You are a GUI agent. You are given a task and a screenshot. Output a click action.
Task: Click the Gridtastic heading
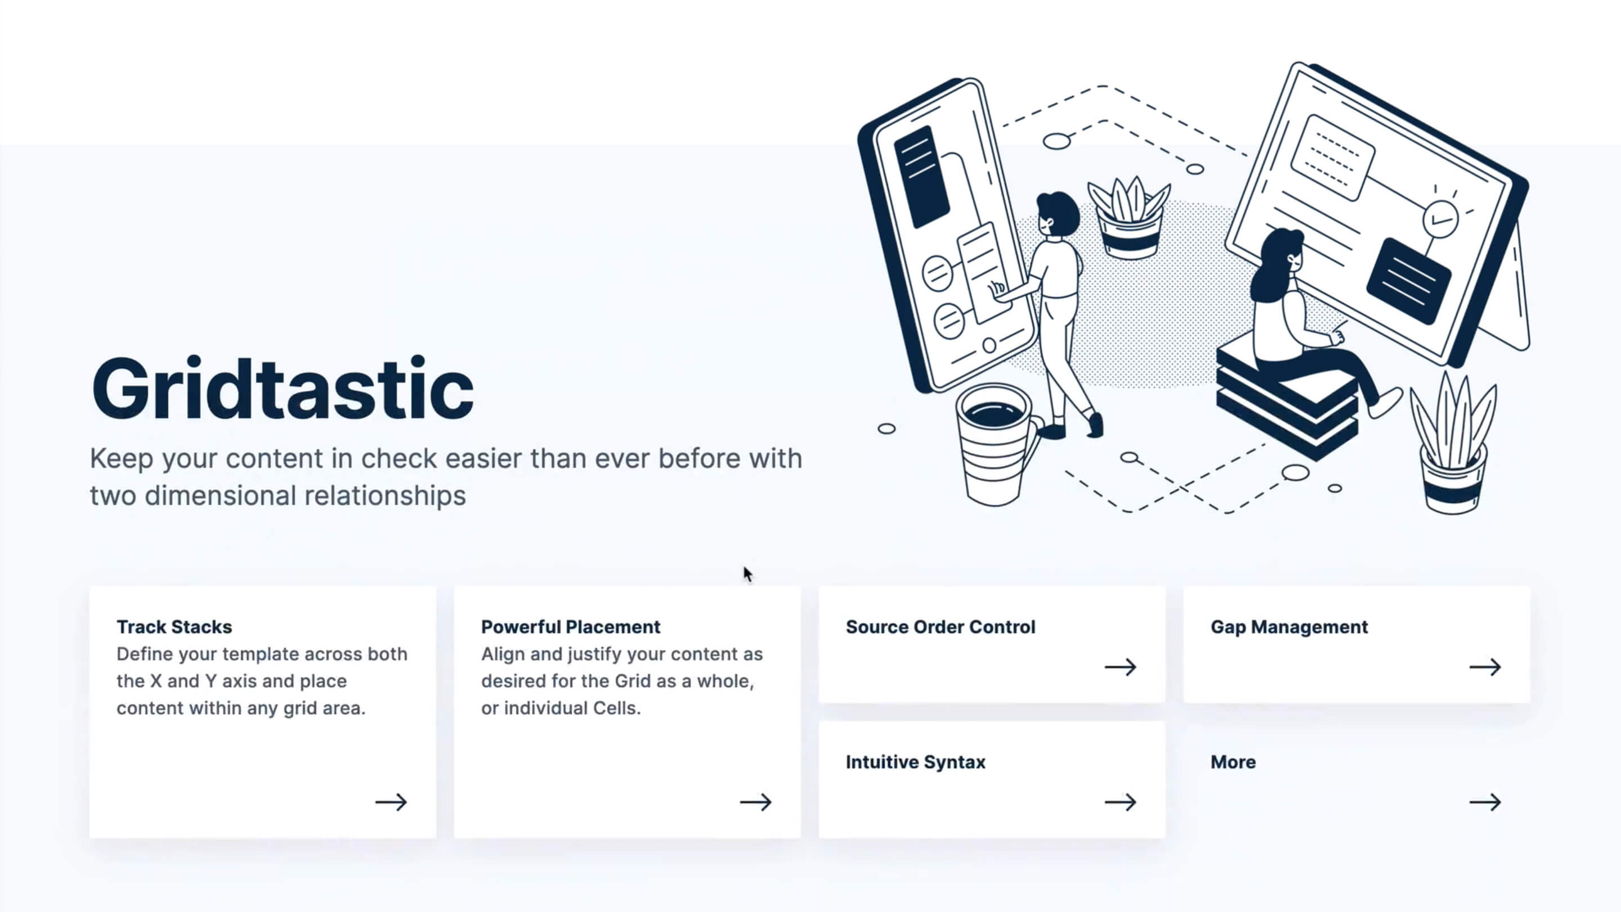[283, 388]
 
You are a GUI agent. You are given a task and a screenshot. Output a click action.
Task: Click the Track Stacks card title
[174, 627]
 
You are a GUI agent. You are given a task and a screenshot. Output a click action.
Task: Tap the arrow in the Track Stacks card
[391, 802]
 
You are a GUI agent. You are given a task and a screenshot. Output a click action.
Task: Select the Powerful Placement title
[571, 627]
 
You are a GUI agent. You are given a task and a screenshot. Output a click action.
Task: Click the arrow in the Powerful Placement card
[755, 802]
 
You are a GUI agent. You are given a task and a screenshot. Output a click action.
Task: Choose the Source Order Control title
[940, 627]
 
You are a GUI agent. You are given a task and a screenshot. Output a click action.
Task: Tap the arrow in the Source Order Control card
[1120, 667]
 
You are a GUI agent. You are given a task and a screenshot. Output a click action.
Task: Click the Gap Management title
[1289, 627]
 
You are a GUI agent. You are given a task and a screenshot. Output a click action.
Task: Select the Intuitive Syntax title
[916, 762]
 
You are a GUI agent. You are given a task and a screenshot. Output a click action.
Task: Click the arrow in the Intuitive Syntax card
[1120, 802]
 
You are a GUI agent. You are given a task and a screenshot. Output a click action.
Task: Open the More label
[1233, 762]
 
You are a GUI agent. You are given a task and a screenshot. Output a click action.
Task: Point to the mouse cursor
[747, 574]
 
